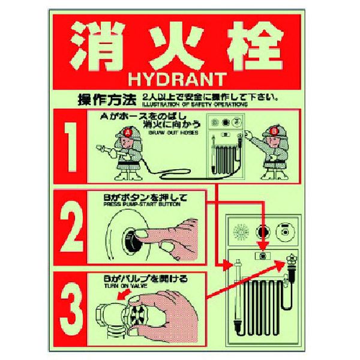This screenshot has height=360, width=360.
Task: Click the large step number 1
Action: point(74,146)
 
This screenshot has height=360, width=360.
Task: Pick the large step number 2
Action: point(74,227)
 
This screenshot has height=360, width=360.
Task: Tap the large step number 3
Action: point(74,307)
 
